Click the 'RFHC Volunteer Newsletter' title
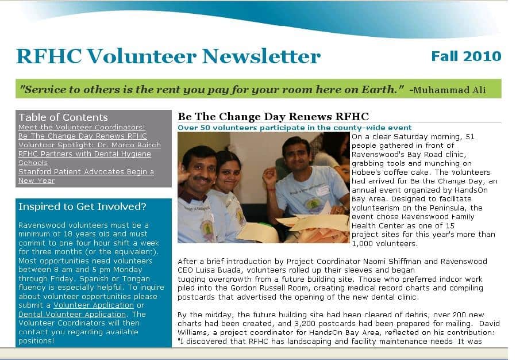(x=168, y=56)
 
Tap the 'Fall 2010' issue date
(x=466, y=56)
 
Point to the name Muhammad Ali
(x=449, y=90)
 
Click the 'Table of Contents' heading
(x=63, y=117)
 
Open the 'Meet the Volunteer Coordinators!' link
(x=82, y=127)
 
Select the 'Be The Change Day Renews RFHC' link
(x=83, y=136)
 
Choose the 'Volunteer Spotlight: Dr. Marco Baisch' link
(x=90, y=145)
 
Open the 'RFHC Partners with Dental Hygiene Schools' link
(x=84, y=154)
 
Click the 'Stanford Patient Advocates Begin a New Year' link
(x=86, y=172)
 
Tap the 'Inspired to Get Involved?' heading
(x=82, y=206)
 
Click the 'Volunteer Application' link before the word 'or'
(x=94, y=305)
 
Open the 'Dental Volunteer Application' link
(x=72, y=315)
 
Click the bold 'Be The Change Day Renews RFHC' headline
(x=273, y=117)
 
